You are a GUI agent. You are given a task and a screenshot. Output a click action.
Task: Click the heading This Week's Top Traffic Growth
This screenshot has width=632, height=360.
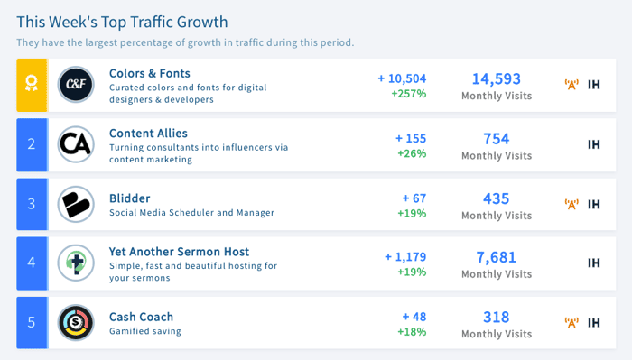[122, 23]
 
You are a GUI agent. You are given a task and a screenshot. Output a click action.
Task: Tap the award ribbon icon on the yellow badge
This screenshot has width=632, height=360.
[32, 83]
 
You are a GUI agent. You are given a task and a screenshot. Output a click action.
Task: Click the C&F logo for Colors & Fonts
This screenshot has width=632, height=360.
[76, 85]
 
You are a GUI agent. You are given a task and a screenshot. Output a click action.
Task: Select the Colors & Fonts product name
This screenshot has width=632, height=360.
[150, 73]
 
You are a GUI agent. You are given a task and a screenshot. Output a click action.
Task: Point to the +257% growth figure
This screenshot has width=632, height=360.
[409, 94]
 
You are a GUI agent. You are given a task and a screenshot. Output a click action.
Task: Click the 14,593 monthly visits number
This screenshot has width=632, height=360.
[497, 78]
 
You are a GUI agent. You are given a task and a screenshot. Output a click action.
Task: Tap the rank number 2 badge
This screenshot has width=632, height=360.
[32, 144]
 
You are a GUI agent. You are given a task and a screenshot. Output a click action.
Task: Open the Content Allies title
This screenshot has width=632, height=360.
[148, 134]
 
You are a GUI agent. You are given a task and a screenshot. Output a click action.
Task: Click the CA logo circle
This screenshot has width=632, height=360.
[76, 144]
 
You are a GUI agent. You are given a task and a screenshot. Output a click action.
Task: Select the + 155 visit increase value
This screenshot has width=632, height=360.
[411, 139]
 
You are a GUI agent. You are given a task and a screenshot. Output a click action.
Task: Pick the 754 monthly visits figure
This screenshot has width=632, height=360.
[497, 139]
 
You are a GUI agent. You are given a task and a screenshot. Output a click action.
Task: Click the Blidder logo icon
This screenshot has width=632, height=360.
[76, 204]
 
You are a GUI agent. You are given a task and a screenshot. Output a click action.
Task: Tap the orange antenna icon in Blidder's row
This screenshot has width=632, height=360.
[572, 204]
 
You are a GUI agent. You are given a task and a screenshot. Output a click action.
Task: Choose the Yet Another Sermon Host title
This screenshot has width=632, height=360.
[179, 252]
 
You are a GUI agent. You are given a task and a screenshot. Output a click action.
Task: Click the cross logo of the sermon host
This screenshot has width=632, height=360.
[76, 263]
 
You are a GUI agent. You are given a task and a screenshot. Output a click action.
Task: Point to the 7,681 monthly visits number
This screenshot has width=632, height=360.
[497, 257]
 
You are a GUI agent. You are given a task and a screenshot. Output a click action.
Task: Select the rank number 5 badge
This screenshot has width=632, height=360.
[32, 322]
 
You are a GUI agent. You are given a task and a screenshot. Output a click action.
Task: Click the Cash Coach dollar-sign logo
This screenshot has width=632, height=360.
[76, 322]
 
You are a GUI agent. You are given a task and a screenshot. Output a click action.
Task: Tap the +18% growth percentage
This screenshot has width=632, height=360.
[412, 332]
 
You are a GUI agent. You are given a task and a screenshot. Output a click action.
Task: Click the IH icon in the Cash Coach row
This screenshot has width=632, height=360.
[594, 322]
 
